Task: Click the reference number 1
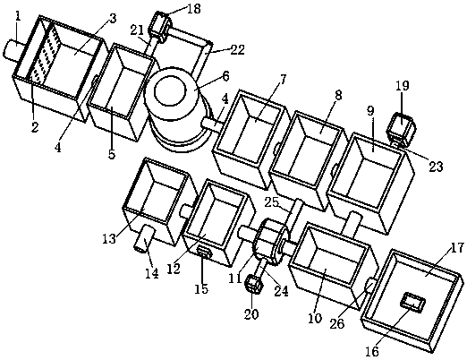click(19, 16)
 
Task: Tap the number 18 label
click(194, 8)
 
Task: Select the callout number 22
click(237, 49)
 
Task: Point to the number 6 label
click(225, 76)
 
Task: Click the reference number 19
click(403, 86)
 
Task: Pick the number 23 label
click(436, 167)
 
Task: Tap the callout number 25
click(271, 202)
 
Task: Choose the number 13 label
click(109, 239)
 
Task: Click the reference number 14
click(151, 273)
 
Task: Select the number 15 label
click(201, 288)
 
